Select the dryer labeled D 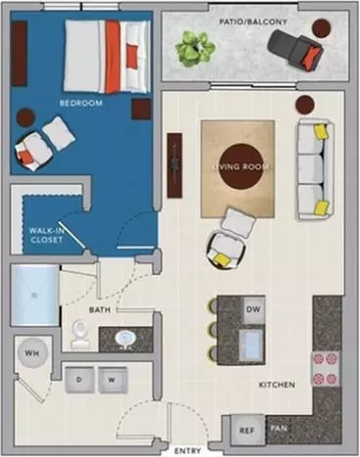[79, 380]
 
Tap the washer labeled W [112, 380]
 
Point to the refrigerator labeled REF [247, 431]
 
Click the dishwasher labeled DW [253, 309]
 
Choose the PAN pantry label [279, 429]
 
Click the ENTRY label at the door [188, 451]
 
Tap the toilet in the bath [80, 334]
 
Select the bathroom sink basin [125, 340]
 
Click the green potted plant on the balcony [196, 49]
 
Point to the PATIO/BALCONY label [253, 22]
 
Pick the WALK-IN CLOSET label [46, 235]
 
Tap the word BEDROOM [81, 103]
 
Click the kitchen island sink [252, 344]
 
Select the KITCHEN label [277, 385]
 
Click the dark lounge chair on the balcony [295, 49]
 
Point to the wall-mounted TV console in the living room [175, 165]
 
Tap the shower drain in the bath [34, 296]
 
